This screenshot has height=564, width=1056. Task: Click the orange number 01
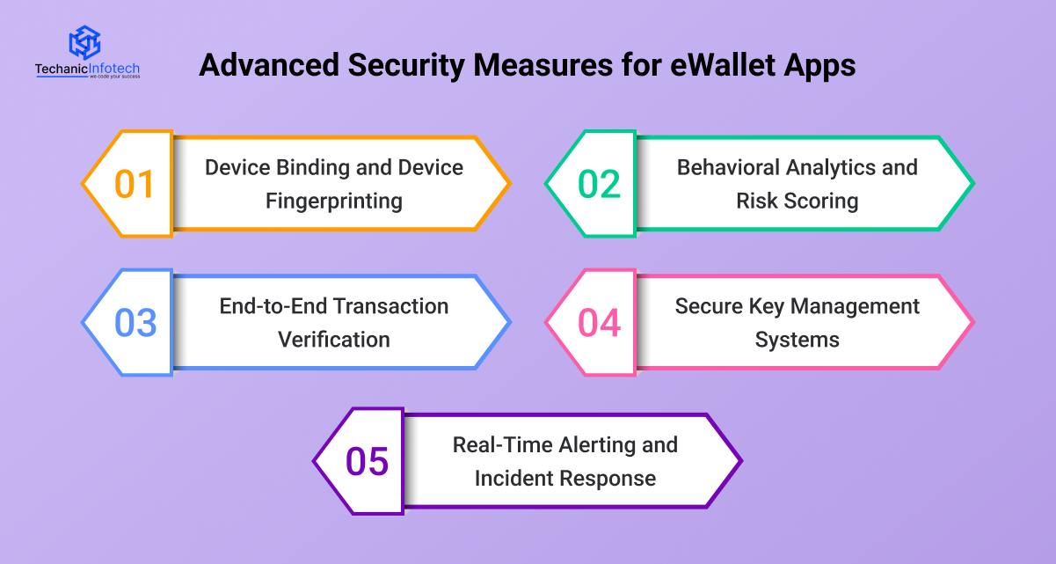coord(135,184)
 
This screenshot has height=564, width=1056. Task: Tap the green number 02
coord(599,184)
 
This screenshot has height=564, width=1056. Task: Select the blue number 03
coord(135,323)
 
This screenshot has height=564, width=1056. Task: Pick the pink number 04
coord(599,323)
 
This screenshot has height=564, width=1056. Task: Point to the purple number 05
coord(367,461)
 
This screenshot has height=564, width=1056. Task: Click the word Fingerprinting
coord(334,201)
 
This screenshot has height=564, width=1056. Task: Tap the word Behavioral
coord(728,167)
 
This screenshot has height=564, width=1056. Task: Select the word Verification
coord(334,340)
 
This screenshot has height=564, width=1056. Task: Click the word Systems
coord(797,340)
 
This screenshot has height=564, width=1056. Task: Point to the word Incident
coord(509,478)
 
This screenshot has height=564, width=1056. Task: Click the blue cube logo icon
coord(85,42)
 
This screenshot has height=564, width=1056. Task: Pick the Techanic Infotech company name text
coord(87,69)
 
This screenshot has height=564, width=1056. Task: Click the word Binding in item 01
coord(312,168)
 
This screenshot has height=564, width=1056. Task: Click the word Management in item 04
coord(855,307)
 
